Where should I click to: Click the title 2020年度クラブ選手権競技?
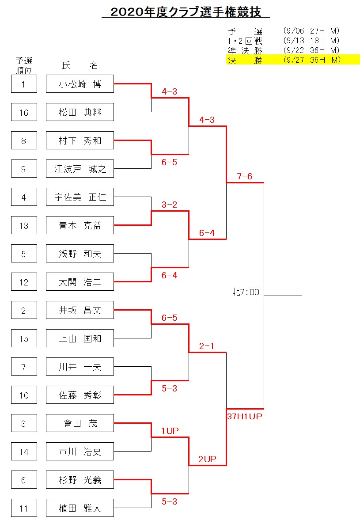click(186, 11)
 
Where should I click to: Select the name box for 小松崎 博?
click(80, 84)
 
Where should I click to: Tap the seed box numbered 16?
click(24, 112)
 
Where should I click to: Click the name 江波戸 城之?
click(80, 169)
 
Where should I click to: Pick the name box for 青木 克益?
click(80, 225)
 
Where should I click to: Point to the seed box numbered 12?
click(24, 282)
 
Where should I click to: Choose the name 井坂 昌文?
click(80, 310)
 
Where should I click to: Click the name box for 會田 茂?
click(80, 423)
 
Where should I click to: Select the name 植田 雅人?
click(80, 508)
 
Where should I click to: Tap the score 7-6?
click(244, 176)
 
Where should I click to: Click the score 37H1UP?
click(245, 416)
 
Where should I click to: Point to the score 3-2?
click(169, 205)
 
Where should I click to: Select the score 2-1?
click(207, 346)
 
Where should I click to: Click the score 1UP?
click(170, 431)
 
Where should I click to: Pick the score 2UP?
click(207, 459)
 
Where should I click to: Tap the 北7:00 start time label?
click(246, 292)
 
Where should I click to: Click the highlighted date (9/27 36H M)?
click(312, 60)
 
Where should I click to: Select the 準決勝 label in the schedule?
click(245, 50)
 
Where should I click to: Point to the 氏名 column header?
click(80, 65)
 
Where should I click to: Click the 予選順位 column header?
click(24, 65)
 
